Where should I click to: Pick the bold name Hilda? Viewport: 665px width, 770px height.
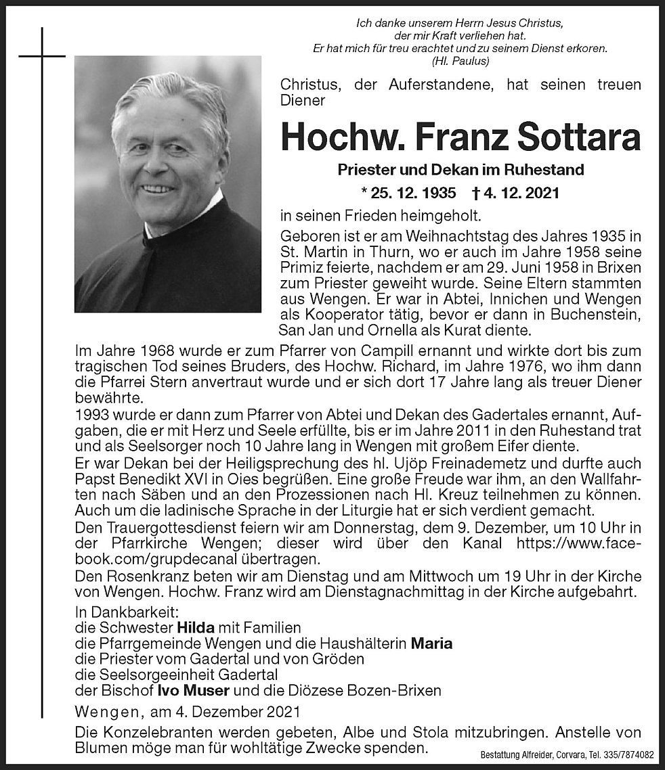[x=196, y=627]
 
